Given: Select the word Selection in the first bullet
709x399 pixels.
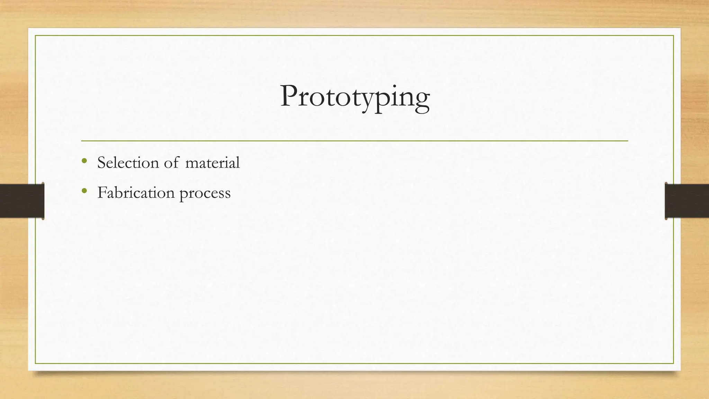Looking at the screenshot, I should point(128,162).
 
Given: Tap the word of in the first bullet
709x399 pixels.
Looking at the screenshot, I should point(171,162).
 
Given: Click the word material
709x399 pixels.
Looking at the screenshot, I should point(212,162).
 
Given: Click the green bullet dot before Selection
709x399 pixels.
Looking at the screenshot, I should point(84,161).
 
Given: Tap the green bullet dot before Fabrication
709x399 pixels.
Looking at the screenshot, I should point(84,191).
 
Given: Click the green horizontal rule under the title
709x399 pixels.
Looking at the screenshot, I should point(354,141).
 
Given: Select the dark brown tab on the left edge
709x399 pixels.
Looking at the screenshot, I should point(22,201).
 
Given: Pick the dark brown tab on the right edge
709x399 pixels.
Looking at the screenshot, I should point(687,201).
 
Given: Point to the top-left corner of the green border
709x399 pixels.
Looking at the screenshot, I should point(35,36).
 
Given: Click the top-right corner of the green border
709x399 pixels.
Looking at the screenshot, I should point(673,36).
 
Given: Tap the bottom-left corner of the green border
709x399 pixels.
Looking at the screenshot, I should point(35,363).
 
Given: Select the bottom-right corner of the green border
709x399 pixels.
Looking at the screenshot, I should point(673,363).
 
